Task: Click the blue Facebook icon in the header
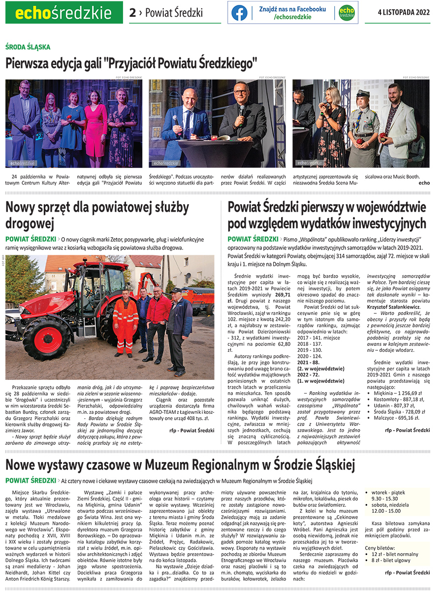click(239, 13)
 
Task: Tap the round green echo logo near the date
click(347, 13)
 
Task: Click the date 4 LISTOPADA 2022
click(404, 12)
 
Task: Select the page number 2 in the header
click(132, 13)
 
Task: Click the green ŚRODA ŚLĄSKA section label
click(28, 47)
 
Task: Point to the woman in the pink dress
click(95, 125)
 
